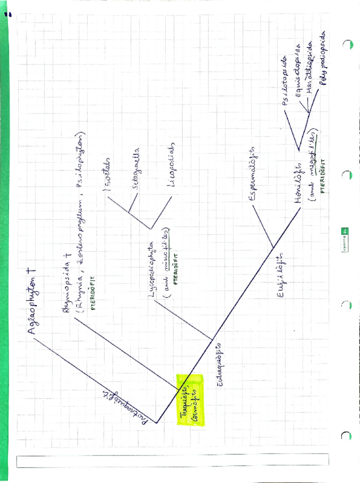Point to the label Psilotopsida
coord(285,80)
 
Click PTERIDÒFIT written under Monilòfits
coord(322,177)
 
